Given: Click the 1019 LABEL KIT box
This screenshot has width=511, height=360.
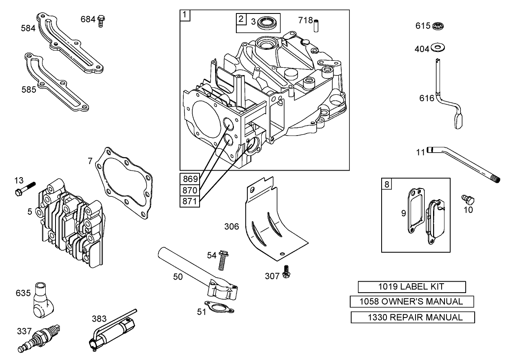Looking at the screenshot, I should coord(412,287).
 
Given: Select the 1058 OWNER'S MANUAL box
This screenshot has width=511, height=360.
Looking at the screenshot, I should coord(412,302).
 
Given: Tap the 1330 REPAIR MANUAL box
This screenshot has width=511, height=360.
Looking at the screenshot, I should coord(413,317).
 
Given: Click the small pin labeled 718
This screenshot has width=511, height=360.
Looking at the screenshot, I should coord(315,25).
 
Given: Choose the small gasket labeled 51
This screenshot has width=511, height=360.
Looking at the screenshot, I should coord(219,307).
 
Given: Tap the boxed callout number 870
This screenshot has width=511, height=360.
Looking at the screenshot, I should coord(189,190).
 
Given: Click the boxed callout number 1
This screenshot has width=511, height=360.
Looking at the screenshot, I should coord(185,15).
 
